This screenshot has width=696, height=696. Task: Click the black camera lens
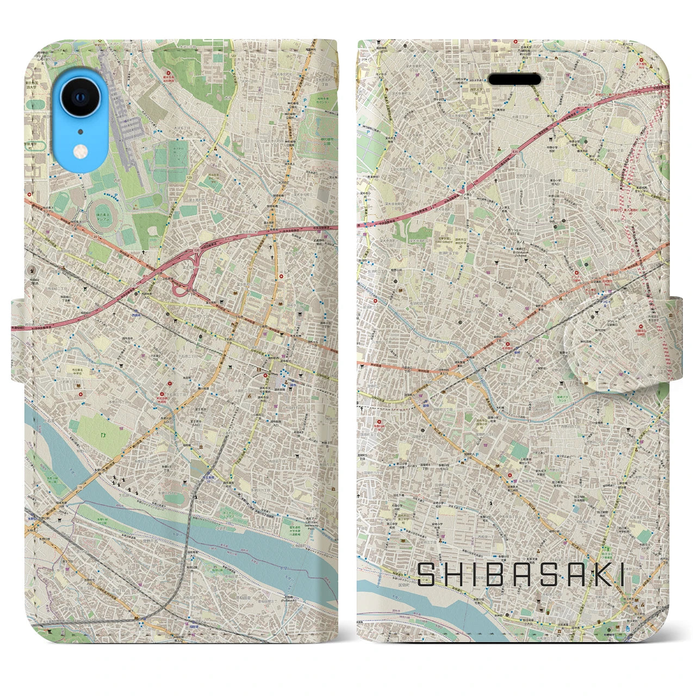point(80,98)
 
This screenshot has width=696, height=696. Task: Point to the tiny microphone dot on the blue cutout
point(80,132)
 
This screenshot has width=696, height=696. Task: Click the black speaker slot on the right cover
point(514,80)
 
